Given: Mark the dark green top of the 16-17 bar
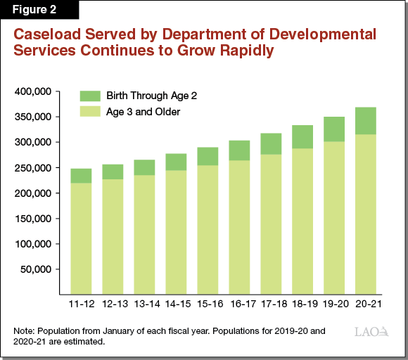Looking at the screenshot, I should [x=239, y=150].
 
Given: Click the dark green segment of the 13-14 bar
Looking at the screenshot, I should [x=144, y=167].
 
